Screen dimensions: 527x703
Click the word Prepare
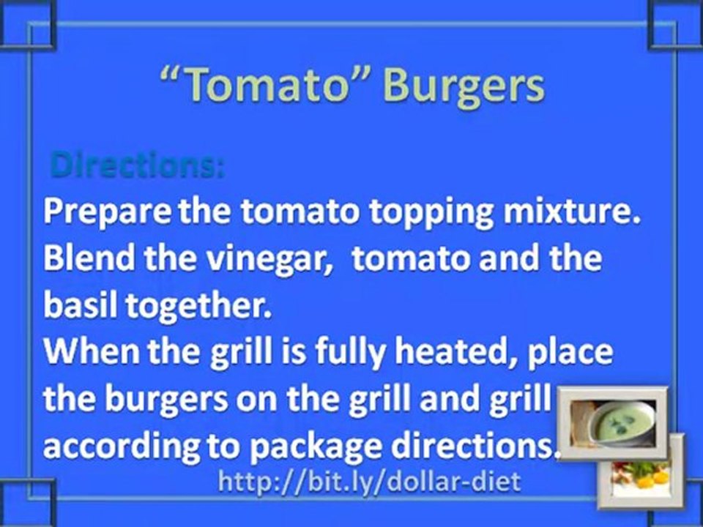click(x=106, y=214)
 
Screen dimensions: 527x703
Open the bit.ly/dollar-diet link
click(x=370, y=482)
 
